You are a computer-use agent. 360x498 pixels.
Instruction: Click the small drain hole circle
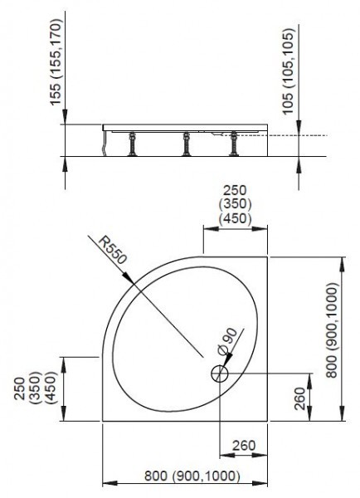pos(220,373)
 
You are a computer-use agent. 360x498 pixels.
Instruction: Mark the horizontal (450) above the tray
pos(235,219)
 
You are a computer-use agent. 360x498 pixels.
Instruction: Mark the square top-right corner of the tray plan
pos(267,258)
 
